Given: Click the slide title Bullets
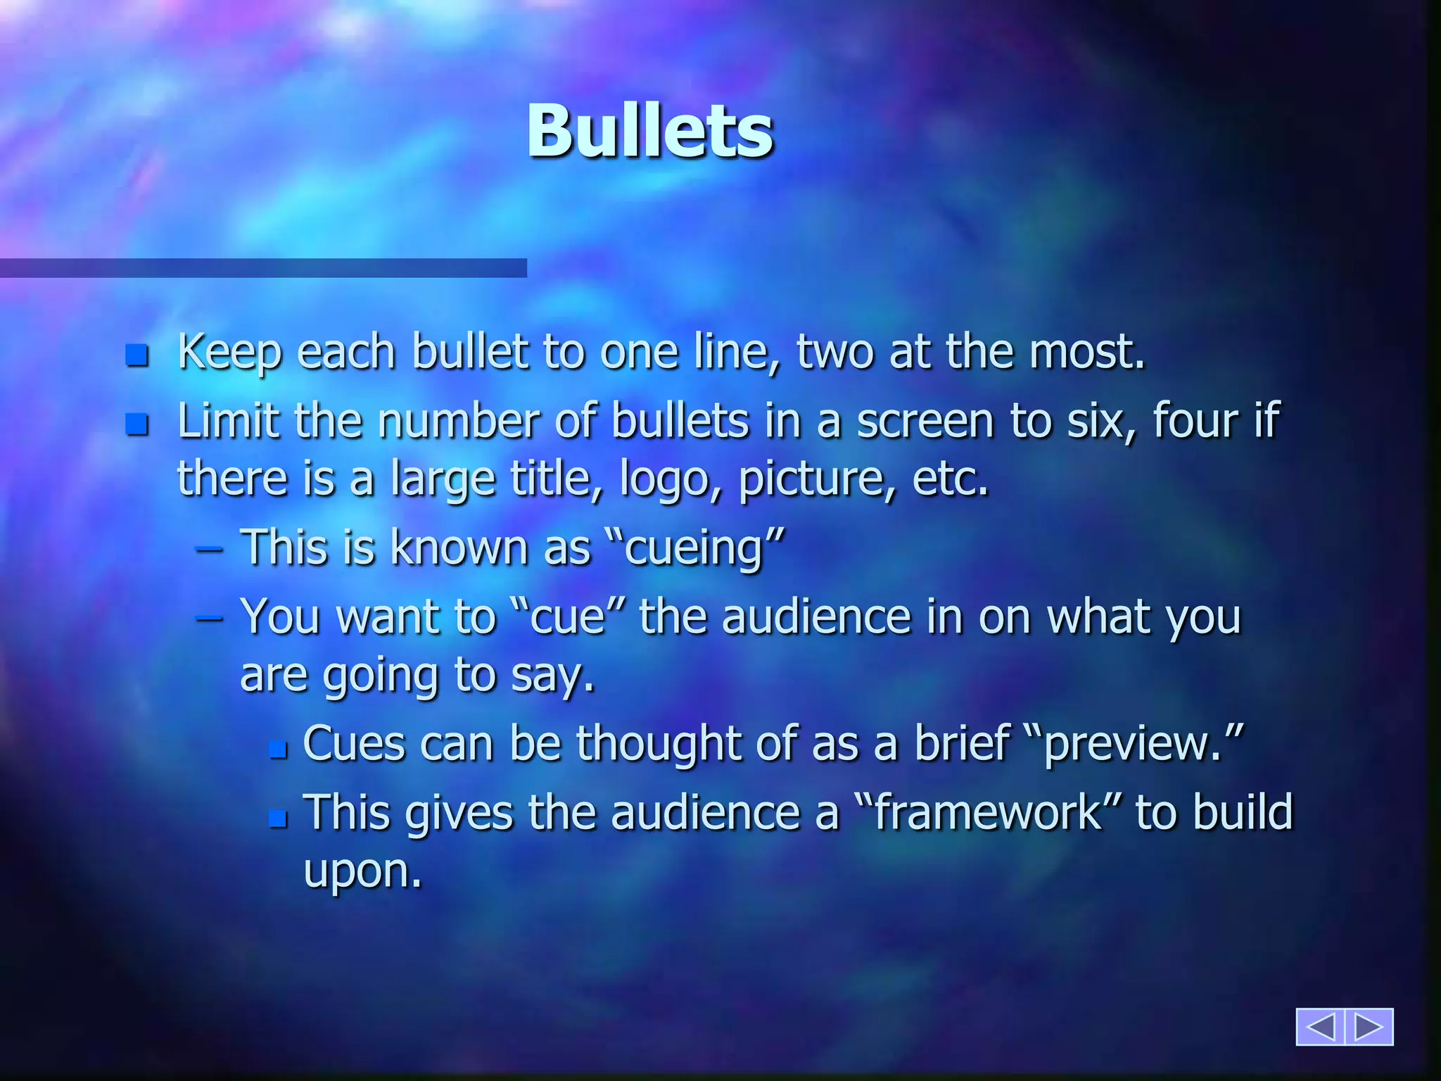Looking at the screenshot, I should (x=650, y=132).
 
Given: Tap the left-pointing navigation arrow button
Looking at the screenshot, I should (x=1320, y=1027).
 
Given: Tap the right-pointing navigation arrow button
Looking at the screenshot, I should (x=1369, y=1027).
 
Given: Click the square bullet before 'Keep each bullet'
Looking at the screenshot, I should (x=137, y=355).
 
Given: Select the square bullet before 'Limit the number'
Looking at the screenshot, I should (x=137, y=424).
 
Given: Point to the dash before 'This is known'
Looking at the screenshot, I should (x=210, y=549).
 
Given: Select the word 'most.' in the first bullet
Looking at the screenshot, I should (x=1088, y=352).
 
